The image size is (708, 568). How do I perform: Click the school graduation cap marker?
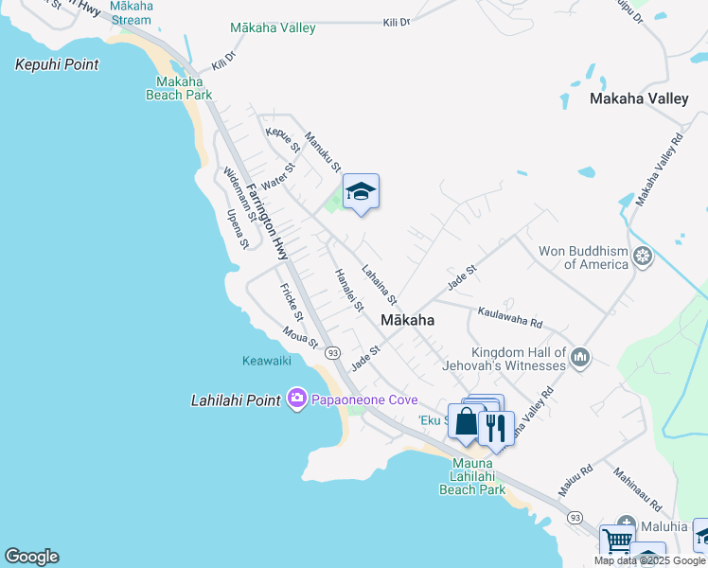(x=361, y=192)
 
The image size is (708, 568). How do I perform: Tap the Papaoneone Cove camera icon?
(x=297, y=399)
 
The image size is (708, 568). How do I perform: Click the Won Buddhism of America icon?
(x=644, y=256)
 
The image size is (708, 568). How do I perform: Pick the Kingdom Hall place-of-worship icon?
(x=580, y=358)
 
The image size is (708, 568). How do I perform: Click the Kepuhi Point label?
(x=57, y=64)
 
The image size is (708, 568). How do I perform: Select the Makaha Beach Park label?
(x=179, y=88)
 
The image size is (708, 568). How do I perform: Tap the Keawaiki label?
(x=265, y=361)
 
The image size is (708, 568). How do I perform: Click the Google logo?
(x=31, y=557)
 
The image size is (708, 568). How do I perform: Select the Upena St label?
(x=238, y=228)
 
